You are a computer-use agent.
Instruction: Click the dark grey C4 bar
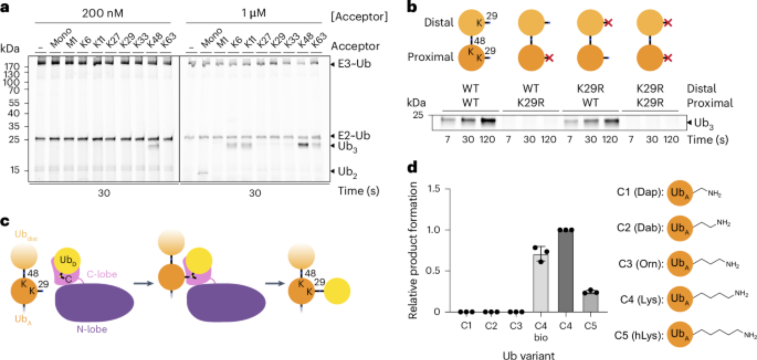click(x=565, y=271)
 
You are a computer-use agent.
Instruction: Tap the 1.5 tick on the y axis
click(x=434, y=189)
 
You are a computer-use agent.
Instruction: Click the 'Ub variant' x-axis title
click(x=528, y=355)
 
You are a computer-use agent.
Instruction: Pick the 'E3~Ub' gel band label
click(x=354, y=64)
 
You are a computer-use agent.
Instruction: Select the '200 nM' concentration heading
click(x=103, y=13)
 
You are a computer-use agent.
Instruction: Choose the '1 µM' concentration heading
click(x=254, y=13)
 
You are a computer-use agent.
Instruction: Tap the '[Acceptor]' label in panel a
click(x=359, y=17)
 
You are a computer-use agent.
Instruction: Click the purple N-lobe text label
click(x=92, y=329)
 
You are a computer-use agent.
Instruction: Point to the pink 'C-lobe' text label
click(x=102, y=274)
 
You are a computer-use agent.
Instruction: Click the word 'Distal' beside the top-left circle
click(x=439, y=23)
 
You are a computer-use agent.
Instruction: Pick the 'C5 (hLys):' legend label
click(x=639, y=335)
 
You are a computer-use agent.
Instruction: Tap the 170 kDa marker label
click(x=12, y=67)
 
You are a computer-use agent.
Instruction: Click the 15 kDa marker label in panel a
click(x=14, y=170)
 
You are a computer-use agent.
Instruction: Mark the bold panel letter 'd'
click(x=412, y=167)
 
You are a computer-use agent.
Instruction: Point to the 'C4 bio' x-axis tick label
click(x=540, y=331)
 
